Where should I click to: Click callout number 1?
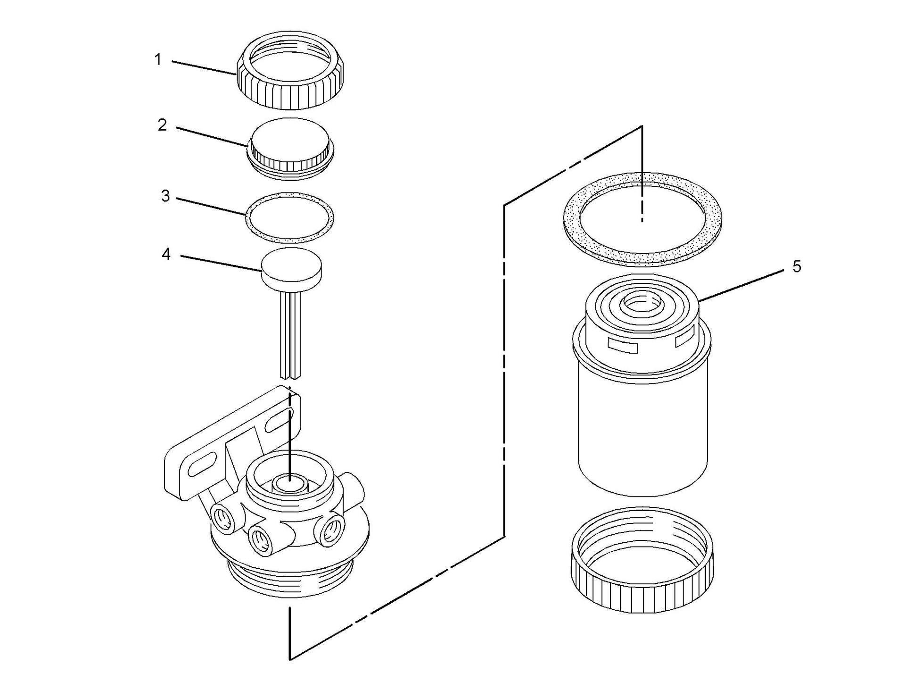[158, 60]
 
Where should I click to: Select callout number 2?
[162, 125]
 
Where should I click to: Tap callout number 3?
[165, 196]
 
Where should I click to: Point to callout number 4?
[166, 255]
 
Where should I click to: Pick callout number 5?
[797, 267]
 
